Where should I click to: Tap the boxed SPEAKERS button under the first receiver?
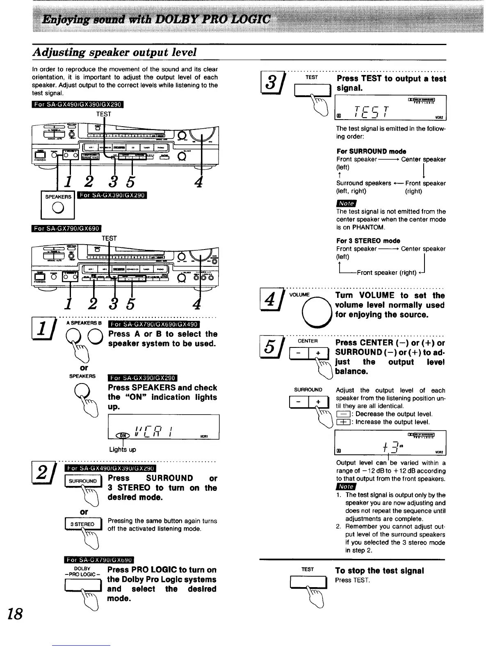point(58,204)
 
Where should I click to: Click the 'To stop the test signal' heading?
point(379,571)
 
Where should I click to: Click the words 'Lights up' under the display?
point(123,449)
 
